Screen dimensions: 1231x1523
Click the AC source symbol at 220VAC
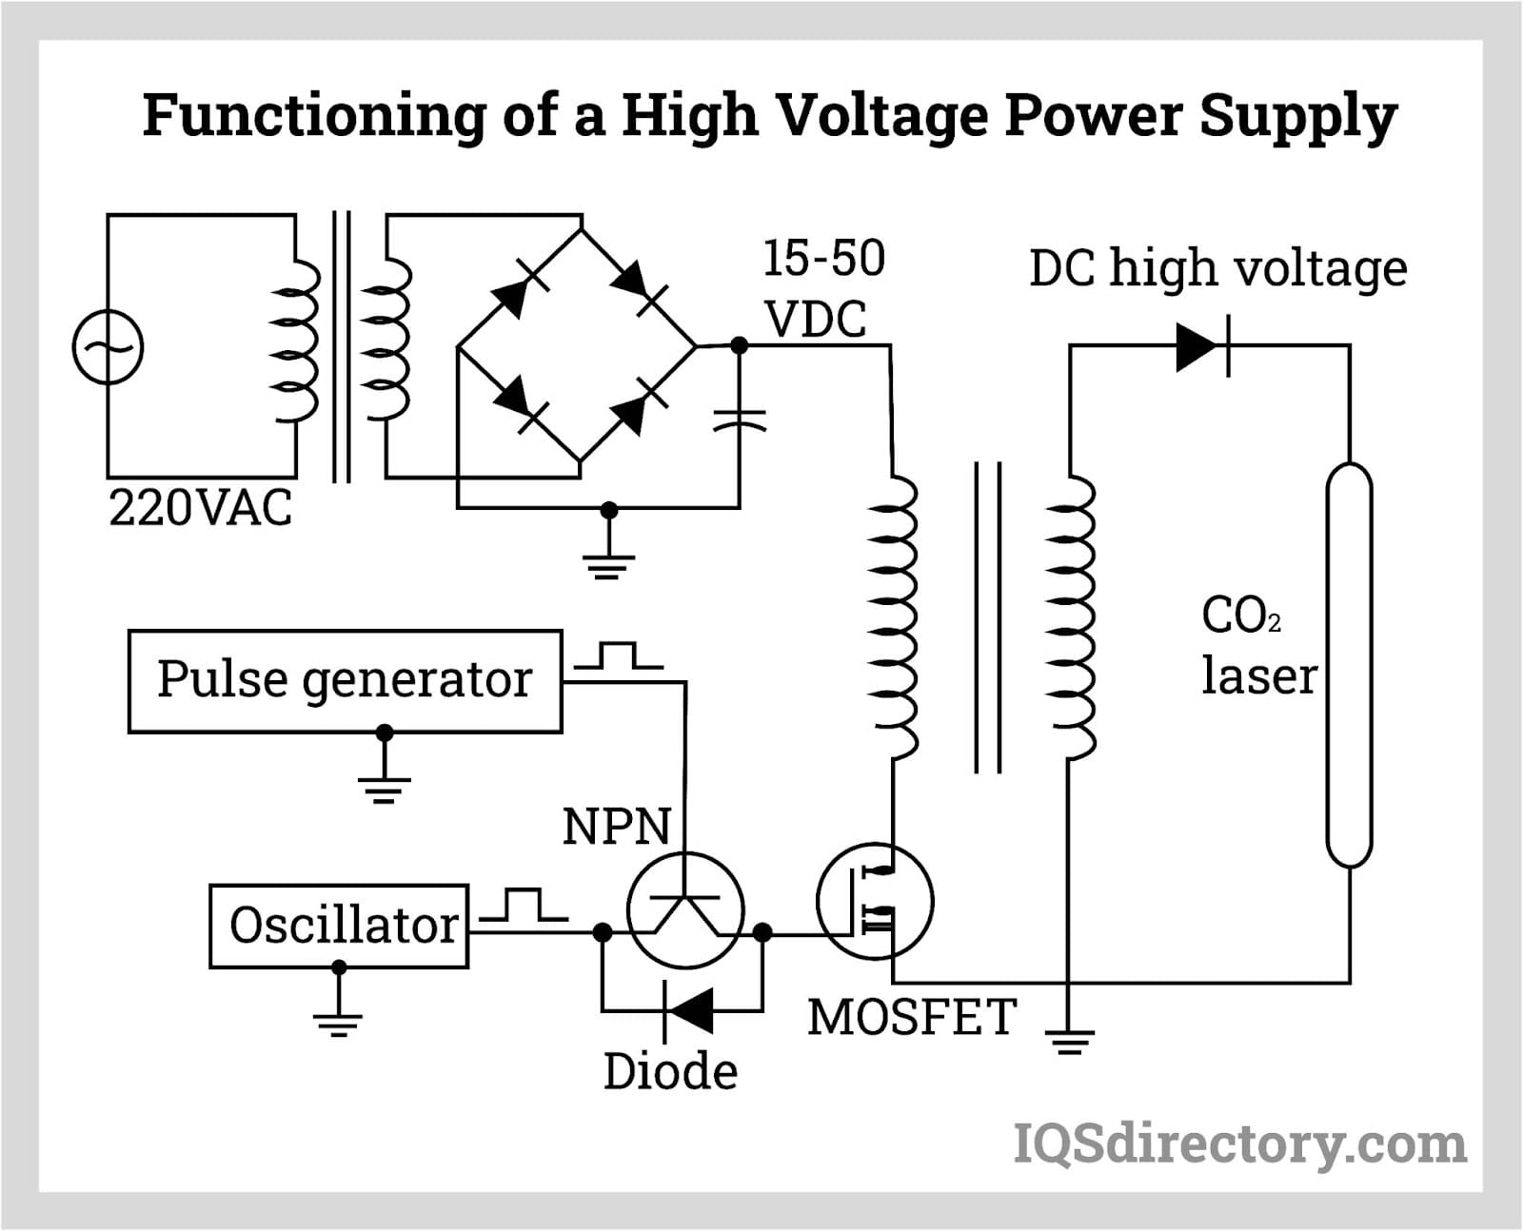(108, 347)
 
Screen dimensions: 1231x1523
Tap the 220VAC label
(200, 508)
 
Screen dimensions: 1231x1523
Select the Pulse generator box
(345, 681)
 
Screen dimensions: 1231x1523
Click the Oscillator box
(339, 926)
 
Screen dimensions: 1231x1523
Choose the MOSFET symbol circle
(875, 901)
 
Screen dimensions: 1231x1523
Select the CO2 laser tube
(1349, 665)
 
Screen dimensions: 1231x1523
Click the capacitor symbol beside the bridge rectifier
(740, 420)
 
